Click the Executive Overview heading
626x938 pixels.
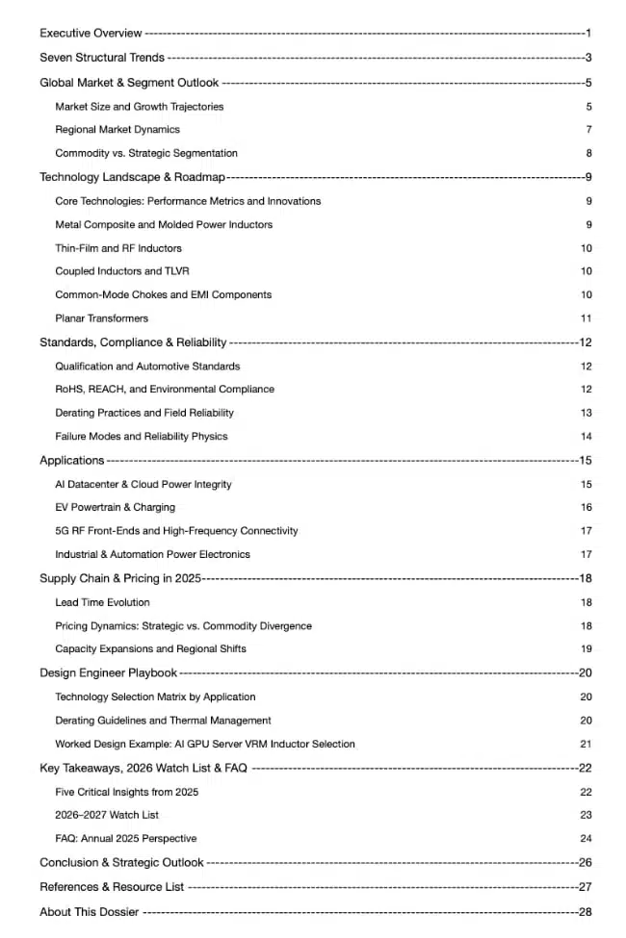click(91, 34)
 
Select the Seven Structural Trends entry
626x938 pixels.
click(102, 58)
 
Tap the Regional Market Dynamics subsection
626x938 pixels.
click(117, 130)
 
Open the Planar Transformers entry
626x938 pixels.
click(102, 318)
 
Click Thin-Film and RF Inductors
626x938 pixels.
click(118, 248)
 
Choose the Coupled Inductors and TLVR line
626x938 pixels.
click(116, 271)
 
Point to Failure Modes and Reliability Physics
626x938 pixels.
click(142, 437)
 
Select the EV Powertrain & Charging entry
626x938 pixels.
click(116, 508)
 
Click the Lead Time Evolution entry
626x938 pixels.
click(103, 603)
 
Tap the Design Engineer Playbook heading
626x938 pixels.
click(108, 673)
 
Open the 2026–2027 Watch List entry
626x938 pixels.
click(107, 816)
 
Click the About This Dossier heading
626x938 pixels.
click(90, 912)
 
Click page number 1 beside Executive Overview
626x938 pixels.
click(587, 34)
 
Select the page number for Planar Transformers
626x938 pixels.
click(586, 318)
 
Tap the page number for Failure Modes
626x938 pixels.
click(586, 437)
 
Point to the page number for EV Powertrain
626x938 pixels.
click(586, 508)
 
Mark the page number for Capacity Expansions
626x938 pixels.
click(586, 649)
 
